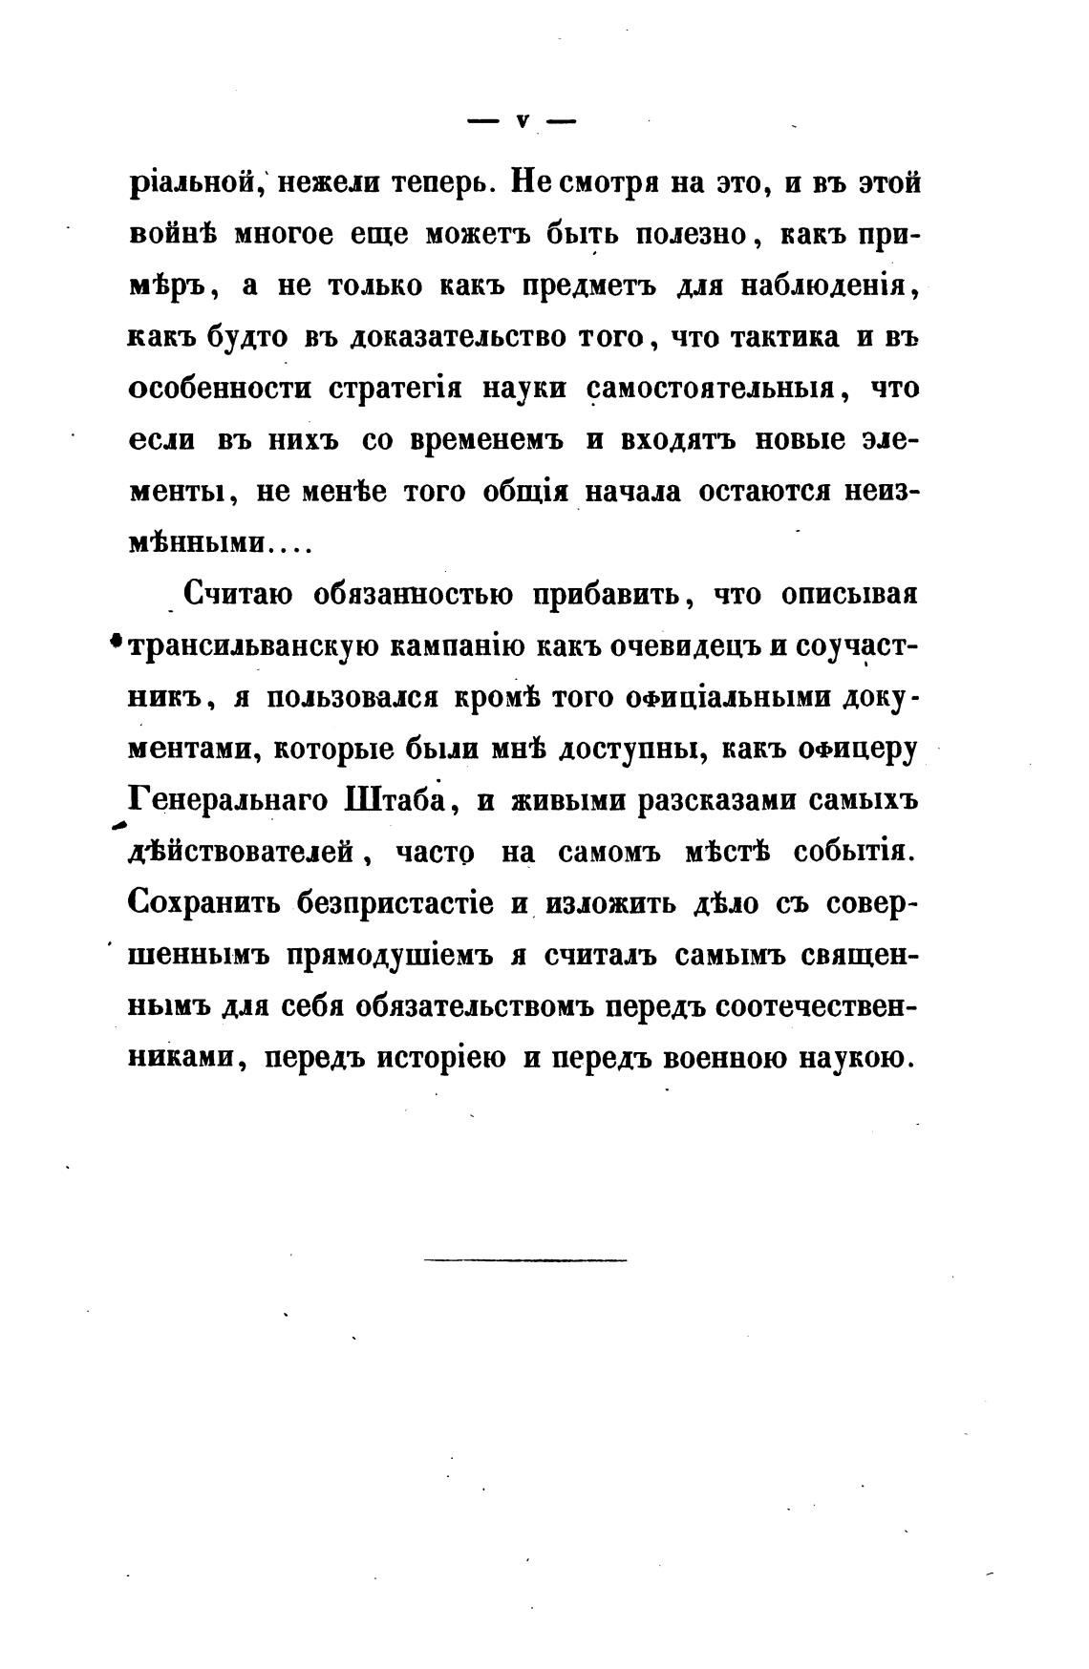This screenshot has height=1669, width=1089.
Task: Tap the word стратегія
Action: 395,390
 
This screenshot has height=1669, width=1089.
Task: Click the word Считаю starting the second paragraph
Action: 237,595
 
